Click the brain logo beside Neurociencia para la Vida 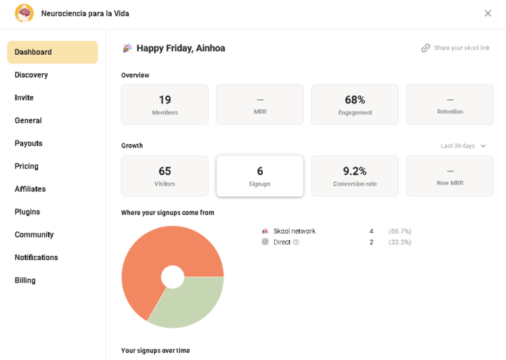(x=24, y=13)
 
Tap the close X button (x=488, y=13)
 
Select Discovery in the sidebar (x=32, y=75)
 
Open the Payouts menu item (x=28, y=143)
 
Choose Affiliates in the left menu (x=30, y=189)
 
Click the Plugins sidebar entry (x=27, y=212)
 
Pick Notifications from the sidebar (x=37, y=257)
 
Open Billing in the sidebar (x=25, y=281)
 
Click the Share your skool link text (x=462, y=48)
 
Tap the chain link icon (x=426, y=48)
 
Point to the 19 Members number (x=165, y=100)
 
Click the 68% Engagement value (x=355, y=100)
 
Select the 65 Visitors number (x=165, y=171)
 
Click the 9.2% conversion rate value (x=355, y=171)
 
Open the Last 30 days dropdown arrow (x=483, y=146)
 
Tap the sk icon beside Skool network (x=265, y=231)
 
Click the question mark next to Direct (x=296, y=242)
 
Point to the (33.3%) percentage (x=400, y=242)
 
